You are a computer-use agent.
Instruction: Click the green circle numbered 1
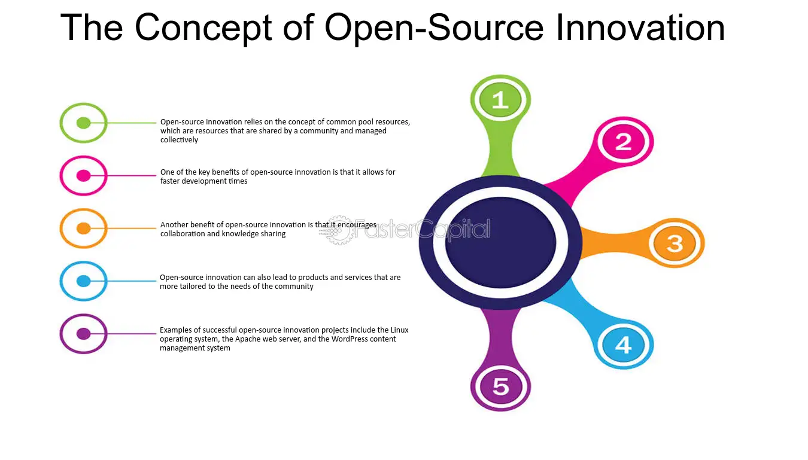(500, 100)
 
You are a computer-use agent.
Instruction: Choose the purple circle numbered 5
(500, 387)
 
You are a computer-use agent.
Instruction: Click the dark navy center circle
(501, 243)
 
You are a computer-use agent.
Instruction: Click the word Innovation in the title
(640, 28)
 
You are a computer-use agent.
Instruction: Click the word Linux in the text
(400, 330)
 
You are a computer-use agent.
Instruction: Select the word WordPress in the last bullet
(350, 339)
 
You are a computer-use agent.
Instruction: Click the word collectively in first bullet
(180, 140)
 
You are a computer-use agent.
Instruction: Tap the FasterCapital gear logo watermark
(338, 230)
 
